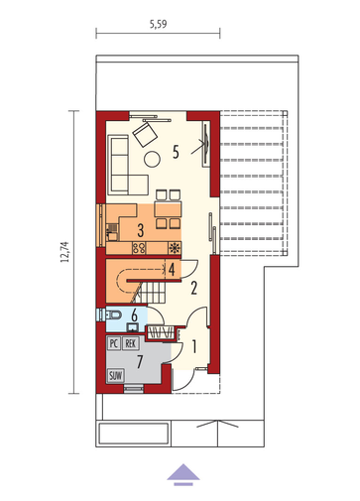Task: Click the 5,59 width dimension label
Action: pyautogui.click(x=158, y=24)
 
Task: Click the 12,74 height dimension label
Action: pyautogui.click(x=64, y=252)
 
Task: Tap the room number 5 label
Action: pyautogui.click(x=176, y=152)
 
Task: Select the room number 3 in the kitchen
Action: pyautogui.click(x=141, y=230)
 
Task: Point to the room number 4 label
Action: pyautogui.click(x=172, y=269)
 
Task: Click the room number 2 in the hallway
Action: pyautogui.click(x=194, y=288)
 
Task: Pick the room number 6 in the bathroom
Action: pyautogui.click(x=134, y=315)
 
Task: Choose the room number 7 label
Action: pyautogui.click(x=140, y=362)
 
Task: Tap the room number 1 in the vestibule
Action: pyautogui.click(x=194, y=346)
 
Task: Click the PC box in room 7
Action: pyautogui.click(x=113, y=343)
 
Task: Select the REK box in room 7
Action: pyautogui.click(x=131, y=343)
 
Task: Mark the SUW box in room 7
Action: pyautogui.click(x=115, y=375)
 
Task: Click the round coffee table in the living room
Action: pyautogui.click(x=153, y=159)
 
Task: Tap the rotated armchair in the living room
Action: pyautogui.click(x=145, y=134)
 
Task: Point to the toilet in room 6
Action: pyautogui.click(x=111, y=314)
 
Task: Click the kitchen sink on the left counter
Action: pyautogui.click(x=112, y=231)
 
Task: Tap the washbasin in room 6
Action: pyautogui.click(x=133, y=327)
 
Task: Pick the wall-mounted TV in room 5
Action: pyautogui.click(x=206, y=143)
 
